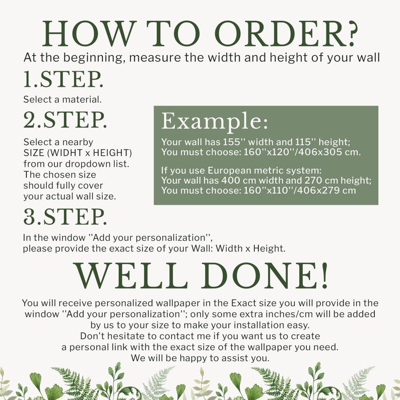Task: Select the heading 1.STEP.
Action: click(x=63, y=79)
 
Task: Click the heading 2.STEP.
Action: click(x=65, y=119)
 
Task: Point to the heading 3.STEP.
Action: click(x=65, y=216)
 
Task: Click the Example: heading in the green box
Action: click(x=214, y=121)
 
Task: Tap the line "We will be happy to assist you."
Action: click(x=200, y=358)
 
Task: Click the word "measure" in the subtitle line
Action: click(x=149, y=57)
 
